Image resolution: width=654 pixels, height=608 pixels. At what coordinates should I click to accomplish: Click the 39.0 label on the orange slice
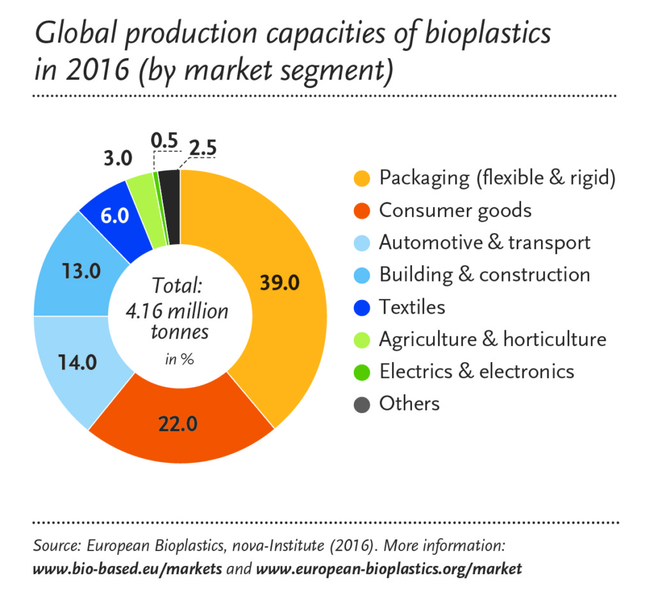click(278, 282)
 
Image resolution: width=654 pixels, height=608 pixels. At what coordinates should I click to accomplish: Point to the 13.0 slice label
click(82, 271)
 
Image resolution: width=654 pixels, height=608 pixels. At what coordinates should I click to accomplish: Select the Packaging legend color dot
click(362, 178)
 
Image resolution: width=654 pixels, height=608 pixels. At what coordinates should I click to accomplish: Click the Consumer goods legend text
click(455, 210)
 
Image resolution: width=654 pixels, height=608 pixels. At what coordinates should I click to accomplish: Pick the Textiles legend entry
click(412, 307)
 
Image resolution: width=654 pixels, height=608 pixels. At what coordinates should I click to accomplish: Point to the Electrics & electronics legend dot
click(362, 371)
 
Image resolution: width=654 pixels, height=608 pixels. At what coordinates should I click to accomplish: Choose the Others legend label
click(409, 404)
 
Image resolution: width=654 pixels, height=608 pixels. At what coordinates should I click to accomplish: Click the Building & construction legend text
click(484, 275)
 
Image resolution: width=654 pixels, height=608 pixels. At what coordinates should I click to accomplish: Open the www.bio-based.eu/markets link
click(127, 568)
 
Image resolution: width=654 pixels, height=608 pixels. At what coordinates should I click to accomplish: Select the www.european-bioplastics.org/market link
click(388, 568)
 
